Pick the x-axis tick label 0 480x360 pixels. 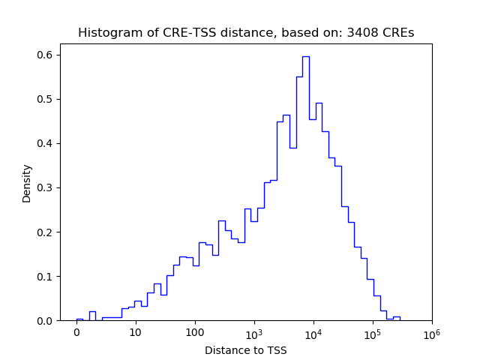click(x=76, y=332)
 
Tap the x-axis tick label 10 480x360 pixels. click(x=136, y=332)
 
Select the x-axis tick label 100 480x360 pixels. click(x=195, y=332)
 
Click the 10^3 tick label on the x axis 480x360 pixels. click(x=254, y=331)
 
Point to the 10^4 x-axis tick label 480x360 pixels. click(x=313, y=331)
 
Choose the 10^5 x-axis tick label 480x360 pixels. click(x=373, y=331)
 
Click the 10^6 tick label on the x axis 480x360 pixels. click(x=432, y=331)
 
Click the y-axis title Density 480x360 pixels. click(x=27, y=183)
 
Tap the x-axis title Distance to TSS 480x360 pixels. click(x=246, y=349)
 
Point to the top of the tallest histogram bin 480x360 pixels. click(x=306, y=56)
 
